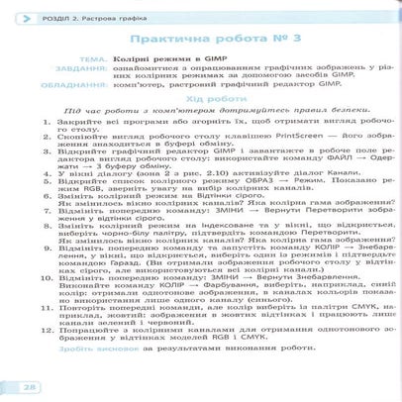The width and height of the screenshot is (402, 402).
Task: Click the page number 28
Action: pyautogui.click(x=31, y=385)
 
